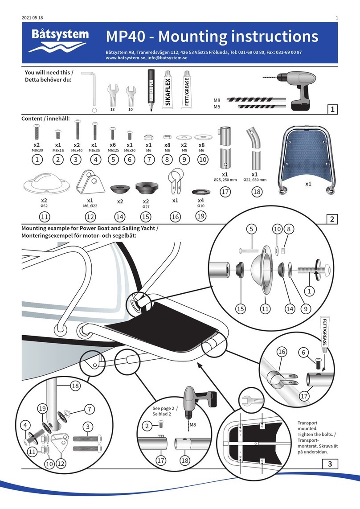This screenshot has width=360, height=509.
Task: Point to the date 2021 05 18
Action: pyautogui.click(x=33, y=18)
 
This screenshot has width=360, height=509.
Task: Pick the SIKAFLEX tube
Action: pyautogui.click(x=168, y=89)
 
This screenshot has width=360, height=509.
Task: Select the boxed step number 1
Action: pyautogui.click(x=331, y=110)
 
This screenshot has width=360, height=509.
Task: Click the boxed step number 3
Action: pyautogui.click(x=331, y=464)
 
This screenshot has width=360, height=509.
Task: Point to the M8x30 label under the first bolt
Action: pyautogui.click(x=37, y=150)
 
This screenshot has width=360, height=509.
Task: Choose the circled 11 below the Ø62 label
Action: pyautogui.click(x=44, y=217)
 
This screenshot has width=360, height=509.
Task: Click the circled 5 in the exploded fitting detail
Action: pyautogui.click(x=252, y=230)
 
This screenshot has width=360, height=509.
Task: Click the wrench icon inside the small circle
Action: pyautogui.click(x=249, y=399)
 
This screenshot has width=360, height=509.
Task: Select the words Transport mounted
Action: pyautogui.click(x=310, y=427)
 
